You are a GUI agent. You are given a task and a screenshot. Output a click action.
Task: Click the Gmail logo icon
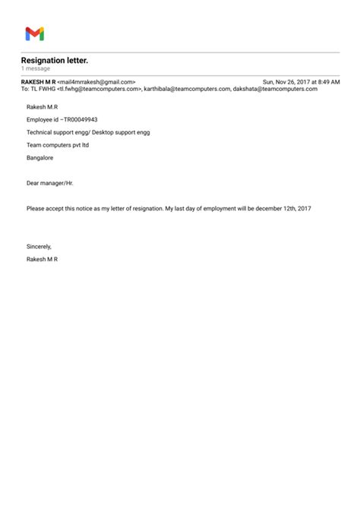(x=34, y=33)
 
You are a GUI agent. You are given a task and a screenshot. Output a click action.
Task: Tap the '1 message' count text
(x=36, y=68)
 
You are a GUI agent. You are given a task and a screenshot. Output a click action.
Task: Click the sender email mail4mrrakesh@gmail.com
(x=96, y=81)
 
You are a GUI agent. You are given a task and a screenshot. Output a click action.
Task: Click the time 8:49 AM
(x=328, y=81)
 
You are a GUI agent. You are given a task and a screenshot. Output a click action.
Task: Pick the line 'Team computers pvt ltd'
(x=58, y=144)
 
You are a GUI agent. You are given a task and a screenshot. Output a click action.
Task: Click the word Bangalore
(x=40, y=157)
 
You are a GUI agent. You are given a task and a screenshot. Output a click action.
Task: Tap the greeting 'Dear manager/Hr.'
(x=50, y=183)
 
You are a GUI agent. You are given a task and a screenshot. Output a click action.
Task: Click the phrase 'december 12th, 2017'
(x=283, y=208)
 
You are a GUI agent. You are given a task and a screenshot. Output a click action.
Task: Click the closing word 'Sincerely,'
(x=39, y=247)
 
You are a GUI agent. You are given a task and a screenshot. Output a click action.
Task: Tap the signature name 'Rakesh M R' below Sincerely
(x=43, y=259)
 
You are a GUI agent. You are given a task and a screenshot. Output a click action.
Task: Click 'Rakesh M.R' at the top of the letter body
(x=43, y=108)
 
